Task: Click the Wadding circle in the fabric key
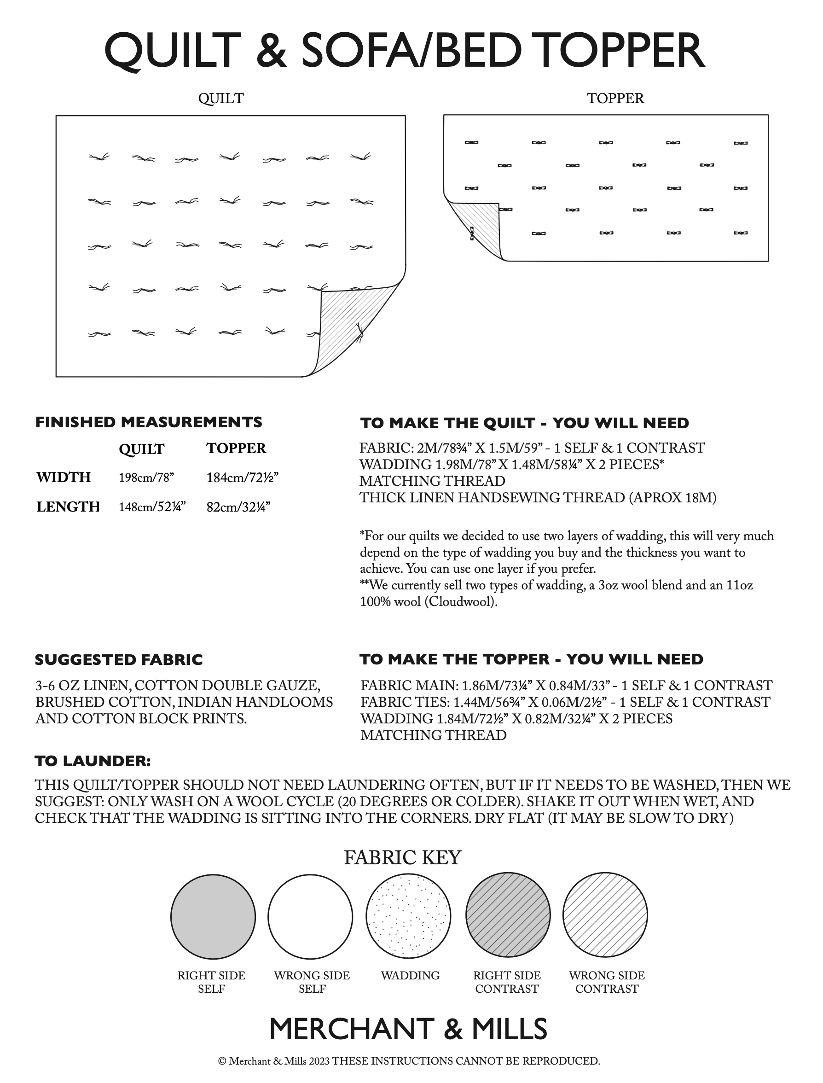[x=409, y=915]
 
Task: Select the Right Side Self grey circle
[x=213, y=915]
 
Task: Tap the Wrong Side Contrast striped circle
[x=605, y=915]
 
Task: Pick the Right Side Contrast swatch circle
[x=508, y=915]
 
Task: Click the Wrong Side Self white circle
[x=311, y=915]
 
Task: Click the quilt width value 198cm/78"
[x=146, y=477]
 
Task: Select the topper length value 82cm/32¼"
[x=238, y=507]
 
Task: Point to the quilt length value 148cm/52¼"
[x=152, y=507]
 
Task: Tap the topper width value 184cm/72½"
[x=243, y=477]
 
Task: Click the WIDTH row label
[x=64, y=477]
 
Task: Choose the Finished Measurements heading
[x=148, y=422]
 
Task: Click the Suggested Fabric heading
[x=119, y=659]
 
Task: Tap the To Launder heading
[x=93, y=761]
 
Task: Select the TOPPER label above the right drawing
[x=615, y=99]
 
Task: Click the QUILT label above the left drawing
[x=221, y=99]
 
